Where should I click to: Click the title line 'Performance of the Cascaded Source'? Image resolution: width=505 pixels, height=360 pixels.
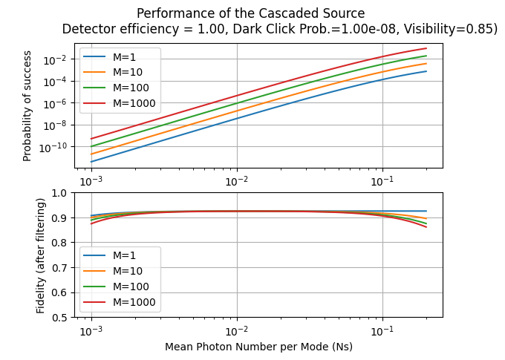pyautogui.click(x=251, y=13)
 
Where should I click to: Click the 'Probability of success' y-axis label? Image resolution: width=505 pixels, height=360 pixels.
pyautogui.click(x=27, y=105)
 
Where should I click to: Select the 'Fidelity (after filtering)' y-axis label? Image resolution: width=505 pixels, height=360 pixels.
pyautogui.click(x=42, y=255)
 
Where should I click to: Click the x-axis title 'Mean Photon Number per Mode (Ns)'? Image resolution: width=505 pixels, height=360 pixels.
pyautogui.click(x=259, y=347)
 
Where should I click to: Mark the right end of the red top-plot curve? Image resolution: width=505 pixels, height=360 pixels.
pyautogui.click(x=426, y=48)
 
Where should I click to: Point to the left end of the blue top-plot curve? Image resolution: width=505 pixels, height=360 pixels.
pyautogui.click(x=91, y=162)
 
